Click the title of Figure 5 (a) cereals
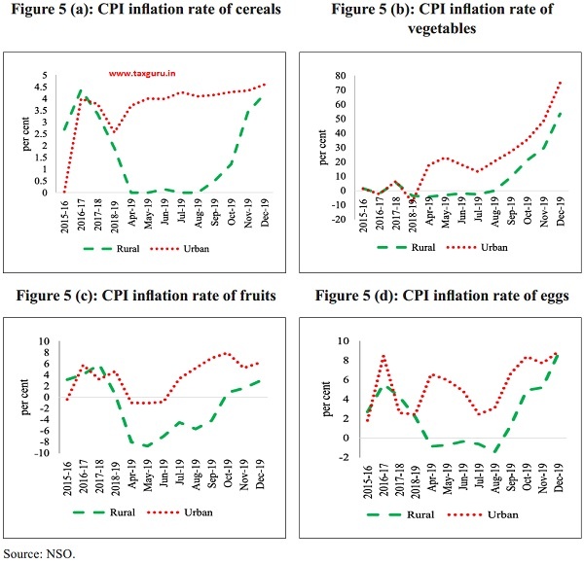click(145, 11)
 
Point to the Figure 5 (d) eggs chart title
click(438, 298)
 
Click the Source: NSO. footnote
click(38, 553)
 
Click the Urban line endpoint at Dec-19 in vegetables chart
click(562, 82)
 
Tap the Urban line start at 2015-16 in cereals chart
click(64, 193)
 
